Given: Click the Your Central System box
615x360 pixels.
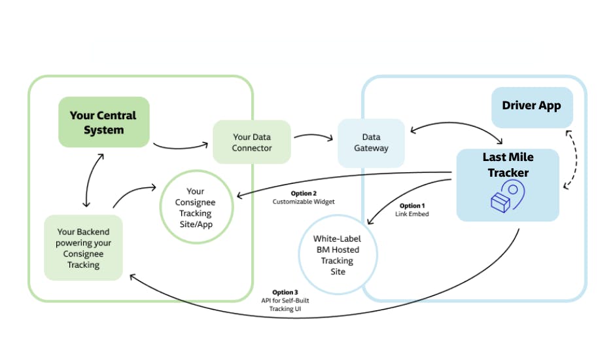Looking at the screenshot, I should [103, 122].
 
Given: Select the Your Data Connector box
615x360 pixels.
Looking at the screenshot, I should [252, 142].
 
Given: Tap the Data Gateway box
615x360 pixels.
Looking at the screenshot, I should [371, 143].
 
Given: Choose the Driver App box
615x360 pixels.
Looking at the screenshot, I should [531, 106].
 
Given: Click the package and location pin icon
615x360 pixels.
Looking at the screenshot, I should [508, 196].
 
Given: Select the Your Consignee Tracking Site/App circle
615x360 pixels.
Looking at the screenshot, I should [196, 207].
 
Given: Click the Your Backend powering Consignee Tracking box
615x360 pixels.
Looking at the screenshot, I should [83, 248].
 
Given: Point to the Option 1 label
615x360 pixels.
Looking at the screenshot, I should [412, 206].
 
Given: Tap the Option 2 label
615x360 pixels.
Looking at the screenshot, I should [304, 193].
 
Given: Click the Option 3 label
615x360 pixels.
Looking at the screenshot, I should [285, 292].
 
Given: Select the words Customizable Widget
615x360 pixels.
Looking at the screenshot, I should [304, 202].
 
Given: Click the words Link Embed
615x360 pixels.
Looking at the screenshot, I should [412, 214].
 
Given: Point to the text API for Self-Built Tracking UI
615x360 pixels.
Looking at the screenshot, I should [285, 304].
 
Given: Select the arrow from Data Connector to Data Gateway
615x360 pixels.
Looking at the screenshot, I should [314, 136].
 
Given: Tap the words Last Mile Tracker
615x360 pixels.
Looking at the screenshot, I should [508, 165].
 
